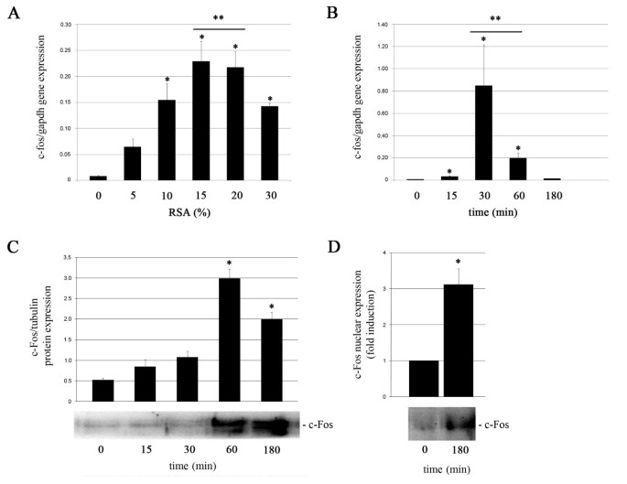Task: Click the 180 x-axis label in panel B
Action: click(556, 195)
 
